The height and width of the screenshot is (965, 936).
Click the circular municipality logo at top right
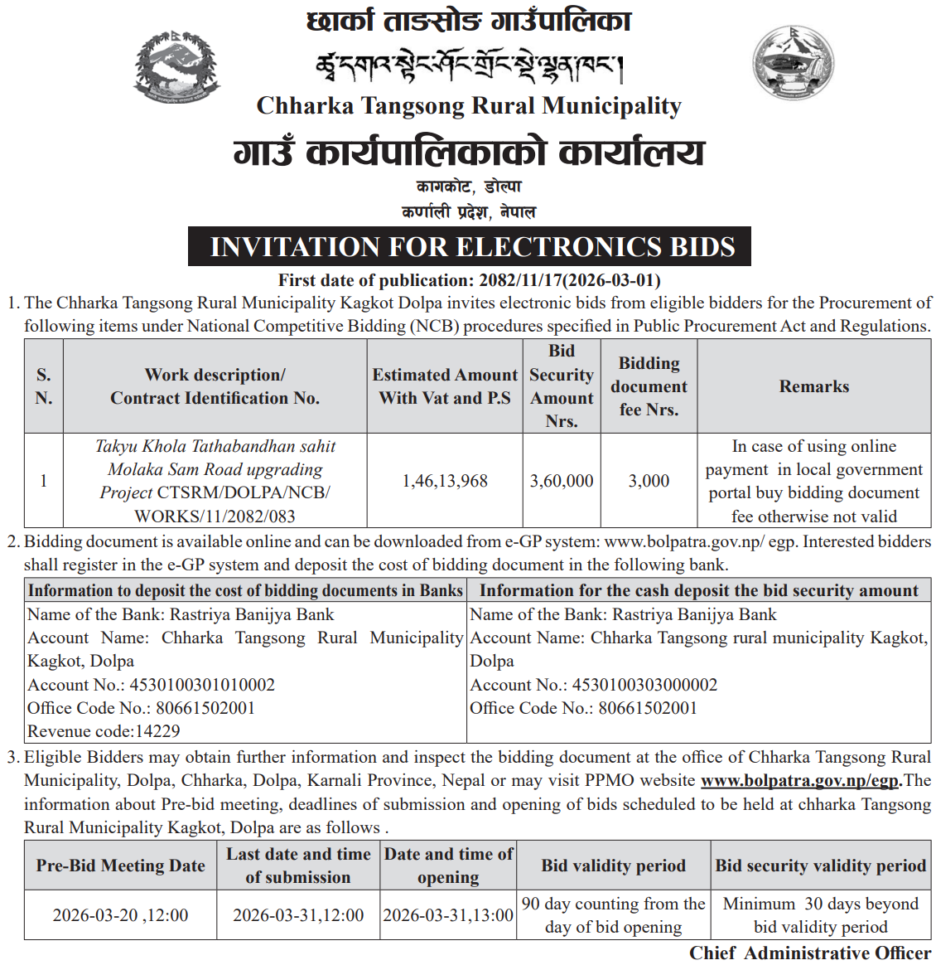(x=793, y=63)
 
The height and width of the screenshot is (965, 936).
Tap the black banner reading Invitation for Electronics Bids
(x=470, y=247)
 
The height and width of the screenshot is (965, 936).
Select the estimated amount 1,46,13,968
(x=445, y=481)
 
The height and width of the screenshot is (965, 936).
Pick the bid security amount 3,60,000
(x=562, y=481)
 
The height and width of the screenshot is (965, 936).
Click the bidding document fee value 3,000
(x=649, y=481)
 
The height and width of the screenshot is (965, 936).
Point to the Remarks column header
(x=813, y=386)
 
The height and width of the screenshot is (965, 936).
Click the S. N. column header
(x=44, y=386)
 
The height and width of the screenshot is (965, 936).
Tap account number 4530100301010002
(x=202, y=685)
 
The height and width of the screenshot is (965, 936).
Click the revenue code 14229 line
(x=104, y=731)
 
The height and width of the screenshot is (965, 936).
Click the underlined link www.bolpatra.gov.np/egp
(x=799, y=780)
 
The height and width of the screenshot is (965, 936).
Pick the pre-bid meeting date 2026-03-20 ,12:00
(x=120, y=915)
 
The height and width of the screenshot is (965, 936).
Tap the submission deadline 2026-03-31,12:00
(x=298, y=915)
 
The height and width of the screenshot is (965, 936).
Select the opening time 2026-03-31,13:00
(x=448, y=915)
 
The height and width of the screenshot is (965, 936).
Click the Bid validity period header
(x=613, y=866)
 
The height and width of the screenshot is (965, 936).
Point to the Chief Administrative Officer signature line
(x=809, y=953)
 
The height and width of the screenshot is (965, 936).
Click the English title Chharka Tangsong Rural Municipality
(x=469, y=106)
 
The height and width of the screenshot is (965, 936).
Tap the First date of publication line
(x=469, y=280)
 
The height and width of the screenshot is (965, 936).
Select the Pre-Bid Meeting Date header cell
(x=120, y=866)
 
